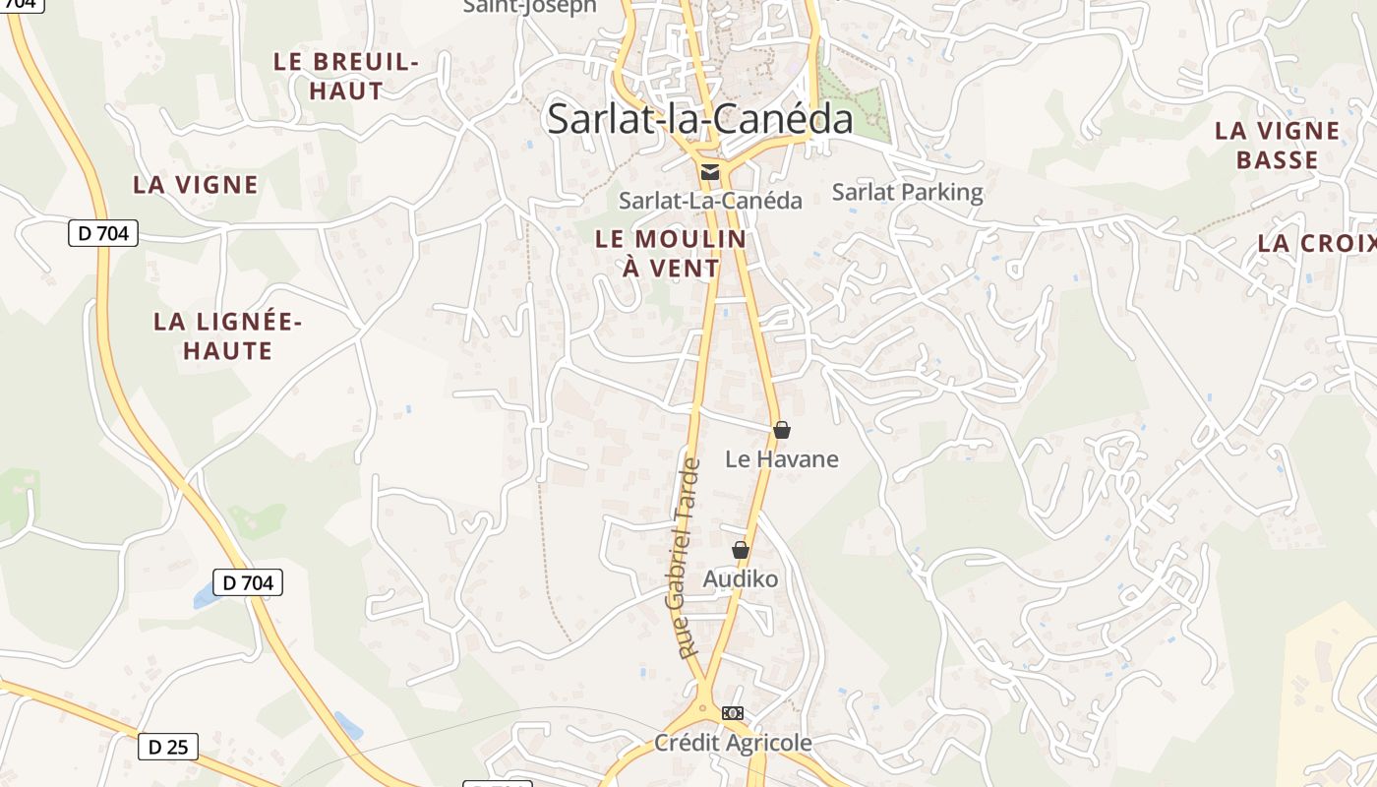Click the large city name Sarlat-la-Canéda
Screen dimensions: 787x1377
pos(699,119)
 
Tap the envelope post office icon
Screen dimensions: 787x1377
pos(709,173)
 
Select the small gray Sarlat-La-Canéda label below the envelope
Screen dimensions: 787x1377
pos(710,201)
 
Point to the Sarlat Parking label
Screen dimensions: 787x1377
pos(907,192)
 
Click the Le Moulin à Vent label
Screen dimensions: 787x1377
pos(671,253)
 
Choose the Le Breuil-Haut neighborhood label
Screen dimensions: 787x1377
pos(346,76)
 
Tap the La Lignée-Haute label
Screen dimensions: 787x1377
pos(227,335)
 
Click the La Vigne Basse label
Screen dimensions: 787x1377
pos(1277,145)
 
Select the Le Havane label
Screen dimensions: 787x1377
pos(782,458)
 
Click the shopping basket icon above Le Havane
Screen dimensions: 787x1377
pos(782,430)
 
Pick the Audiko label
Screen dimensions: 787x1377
pos(740,578)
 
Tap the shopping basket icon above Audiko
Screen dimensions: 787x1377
pos(741,550)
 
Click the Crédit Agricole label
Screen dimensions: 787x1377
pos(734,743)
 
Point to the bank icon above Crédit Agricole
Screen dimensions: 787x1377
pos(733,713)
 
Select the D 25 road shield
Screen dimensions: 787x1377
pos(167,747)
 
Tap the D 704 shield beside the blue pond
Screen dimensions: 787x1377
pos(249,582)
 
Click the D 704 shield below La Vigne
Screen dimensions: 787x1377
pos(103,233)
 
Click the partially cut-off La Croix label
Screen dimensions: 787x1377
pos(1318,243)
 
